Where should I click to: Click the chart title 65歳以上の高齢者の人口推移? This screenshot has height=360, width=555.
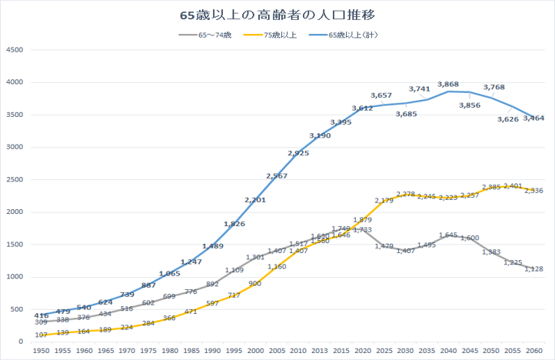pos(277,15)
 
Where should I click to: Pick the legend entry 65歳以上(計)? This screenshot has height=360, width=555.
pos(351,35)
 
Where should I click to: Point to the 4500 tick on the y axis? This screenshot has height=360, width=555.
pos(15,50)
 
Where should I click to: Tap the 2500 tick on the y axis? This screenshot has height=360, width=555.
pos(15,180)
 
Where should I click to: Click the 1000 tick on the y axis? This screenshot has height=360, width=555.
pos(15,277)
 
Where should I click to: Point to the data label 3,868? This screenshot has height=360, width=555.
pos(448,84)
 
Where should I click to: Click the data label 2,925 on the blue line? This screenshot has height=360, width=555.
pos(298,154)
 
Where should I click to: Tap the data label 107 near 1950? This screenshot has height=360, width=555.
pos(42,335)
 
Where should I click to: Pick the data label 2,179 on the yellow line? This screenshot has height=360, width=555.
pos(384,201)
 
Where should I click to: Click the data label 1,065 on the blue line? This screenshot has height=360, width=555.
pos(170,273)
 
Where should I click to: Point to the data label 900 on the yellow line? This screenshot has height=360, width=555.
pos(255,283)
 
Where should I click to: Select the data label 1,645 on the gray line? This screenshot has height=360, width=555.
pos(449,235)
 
